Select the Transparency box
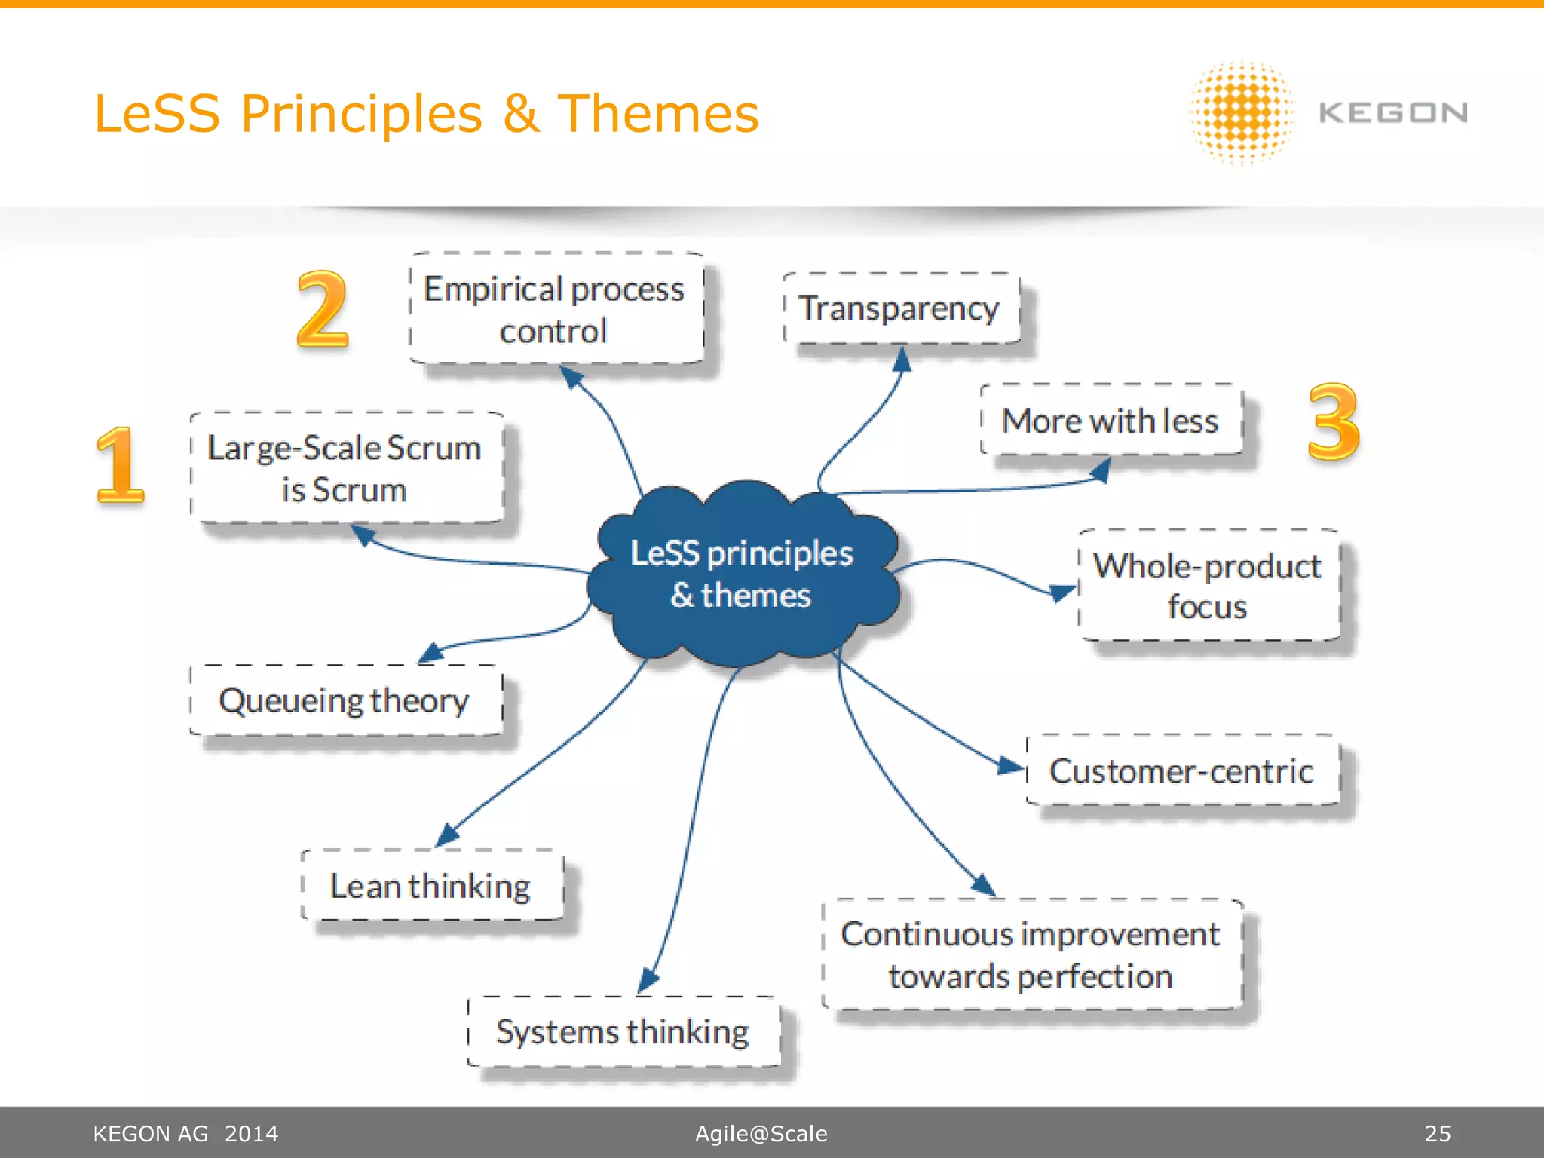point(901,308)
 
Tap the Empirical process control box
point(556,309)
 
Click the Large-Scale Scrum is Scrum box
point(345,468)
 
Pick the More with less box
point(1110,420)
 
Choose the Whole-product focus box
point(1208,586)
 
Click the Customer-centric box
point(1182,770)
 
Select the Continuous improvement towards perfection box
point(1031,954)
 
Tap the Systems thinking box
point(623,1031)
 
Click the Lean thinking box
point(431,885)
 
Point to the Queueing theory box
point(345,700)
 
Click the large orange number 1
point(120,465)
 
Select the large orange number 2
point(323,310)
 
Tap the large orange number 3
point(1333,421)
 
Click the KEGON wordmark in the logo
point(1392,113)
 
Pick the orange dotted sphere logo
point(1242,113)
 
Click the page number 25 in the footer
point(1437,1133)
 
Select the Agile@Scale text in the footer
point(761,1133)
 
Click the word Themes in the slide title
point(657,114)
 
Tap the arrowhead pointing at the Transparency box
point(902,360)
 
